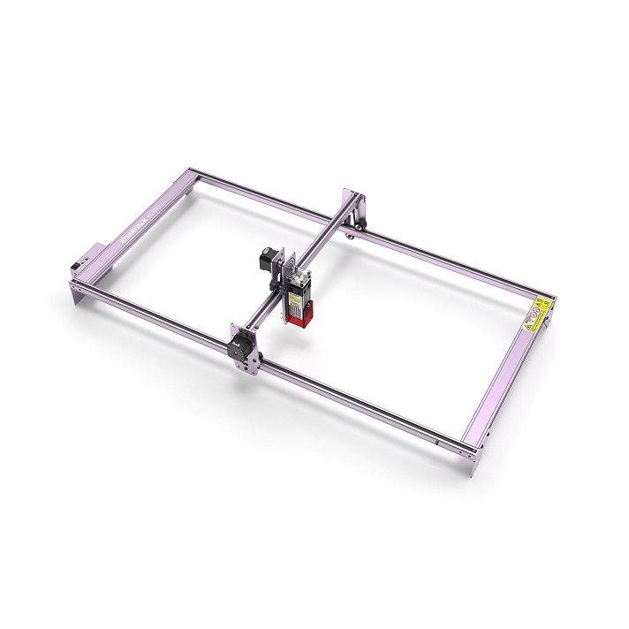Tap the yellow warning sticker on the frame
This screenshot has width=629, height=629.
click(x=536, y=314)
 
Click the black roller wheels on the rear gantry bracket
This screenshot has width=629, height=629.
click(x=353, y=231)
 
